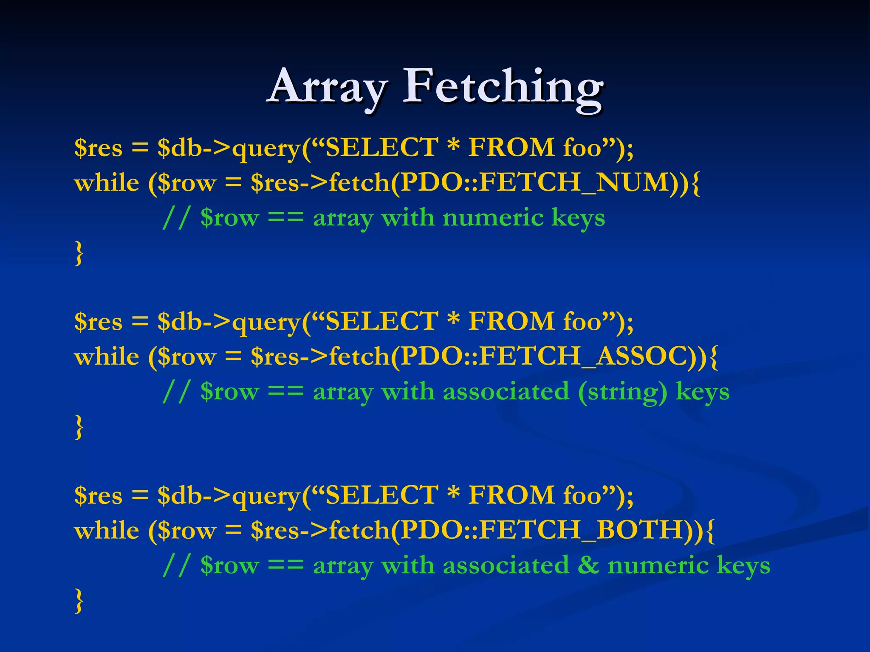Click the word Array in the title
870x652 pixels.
[x=328, y=87]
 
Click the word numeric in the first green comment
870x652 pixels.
[x=493, y=218]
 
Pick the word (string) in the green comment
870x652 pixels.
[x=622, y=392]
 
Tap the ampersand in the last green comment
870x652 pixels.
[x=588, y=565]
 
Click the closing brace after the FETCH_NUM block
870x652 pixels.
[x=79, y=253]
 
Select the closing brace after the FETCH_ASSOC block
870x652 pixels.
[x=79, y=427]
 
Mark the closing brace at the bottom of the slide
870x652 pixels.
[x=79, y=601]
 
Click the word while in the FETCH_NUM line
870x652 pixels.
[x=107, y=184]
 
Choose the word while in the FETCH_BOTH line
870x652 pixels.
[x=107, y=531]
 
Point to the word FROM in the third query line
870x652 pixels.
[x=511, y=495]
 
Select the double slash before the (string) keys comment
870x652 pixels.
[x=175, y=391]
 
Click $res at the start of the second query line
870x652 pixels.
[x=98, y=322]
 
